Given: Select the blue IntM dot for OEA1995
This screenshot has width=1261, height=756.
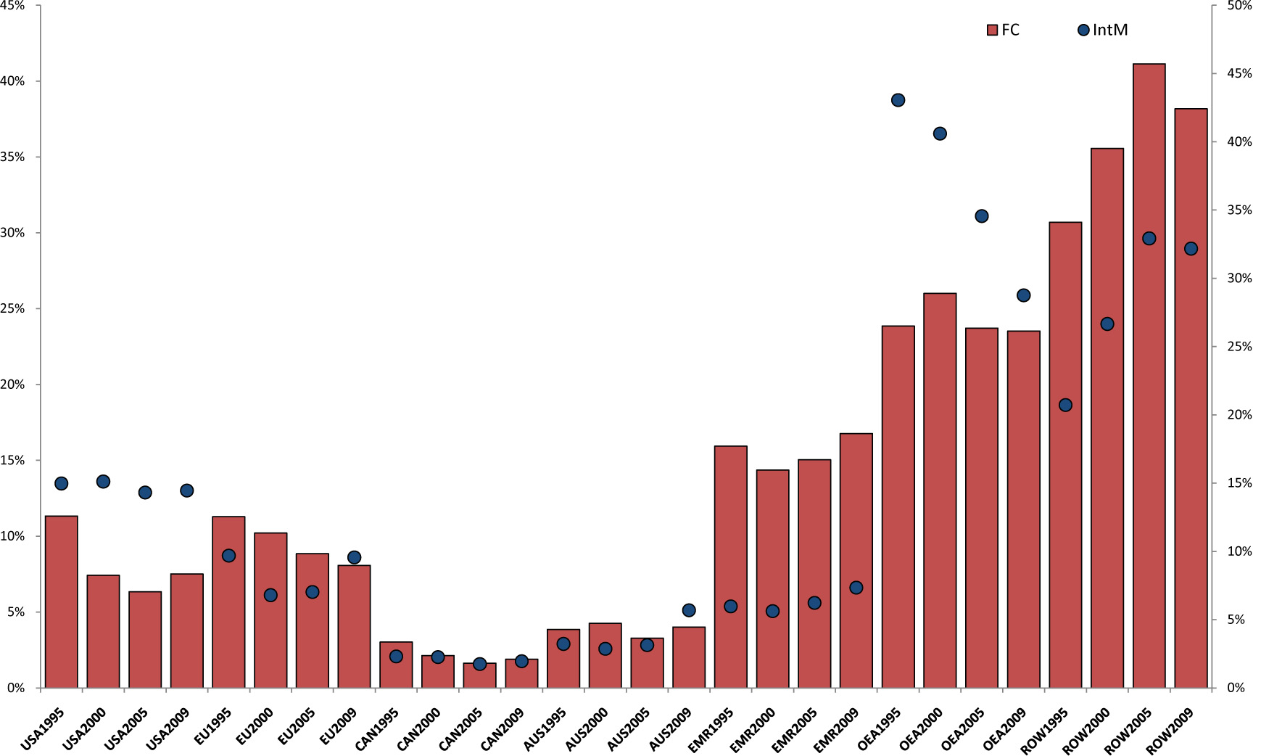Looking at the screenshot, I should coord(898,100).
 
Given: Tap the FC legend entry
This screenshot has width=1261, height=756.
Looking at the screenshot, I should coord(1004,30).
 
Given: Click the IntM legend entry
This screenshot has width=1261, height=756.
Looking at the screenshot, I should coord(1103,30).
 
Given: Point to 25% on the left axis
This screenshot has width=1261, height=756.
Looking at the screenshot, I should coord(12,309).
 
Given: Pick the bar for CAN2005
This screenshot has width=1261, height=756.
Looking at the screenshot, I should coord(479,676).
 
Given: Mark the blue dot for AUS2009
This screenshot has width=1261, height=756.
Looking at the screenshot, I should coord(689,610).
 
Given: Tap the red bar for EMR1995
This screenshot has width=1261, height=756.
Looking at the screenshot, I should coord(730,566).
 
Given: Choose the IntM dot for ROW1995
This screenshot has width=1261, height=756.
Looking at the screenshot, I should coord(1065,405).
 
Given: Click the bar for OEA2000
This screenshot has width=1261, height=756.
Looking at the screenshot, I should coord(940,490).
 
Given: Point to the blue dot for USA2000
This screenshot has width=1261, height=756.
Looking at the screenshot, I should coord(103,482).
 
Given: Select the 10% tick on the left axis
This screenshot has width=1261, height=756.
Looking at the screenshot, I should coord(12,536).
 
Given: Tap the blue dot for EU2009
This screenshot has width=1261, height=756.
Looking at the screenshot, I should coord(354,557).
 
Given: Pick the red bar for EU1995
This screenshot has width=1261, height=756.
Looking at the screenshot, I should coord(228,602).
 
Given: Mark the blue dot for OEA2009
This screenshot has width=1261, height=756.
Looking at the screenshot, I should coord(1023,295).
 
